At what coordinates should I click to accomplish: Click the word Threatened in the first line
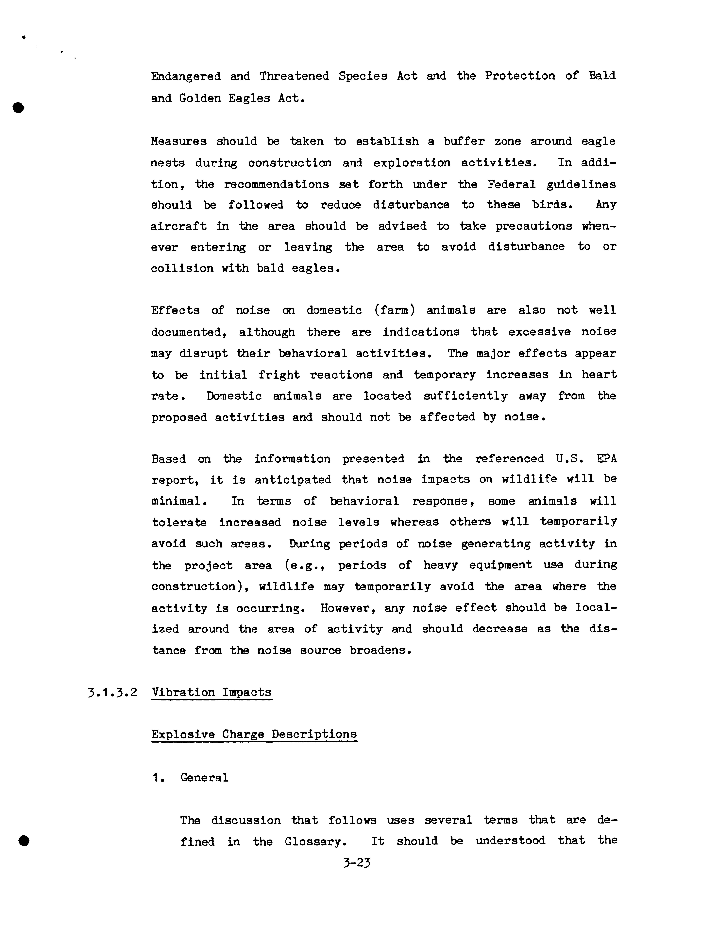point(294,76)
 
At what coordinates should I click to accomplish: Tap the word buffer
point(464,141)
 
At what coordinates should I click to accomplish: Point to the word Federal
point(511,184)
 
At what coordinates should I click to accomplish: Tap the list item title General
point(204,778)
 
